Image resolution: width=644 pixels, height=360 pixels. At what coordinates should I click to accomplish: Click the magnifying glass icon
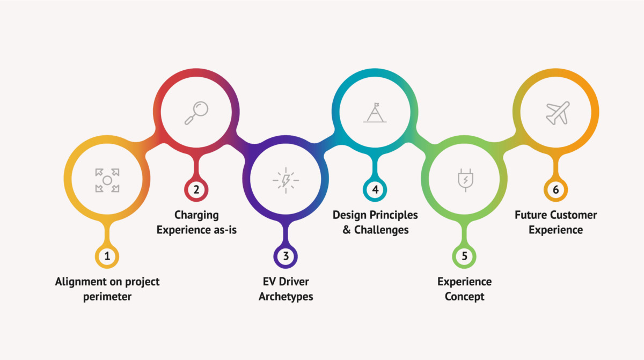[x=196, y=113]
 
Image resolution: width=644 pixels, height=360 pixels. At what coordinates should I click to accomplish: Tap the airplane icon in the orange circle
[x=558, y=113]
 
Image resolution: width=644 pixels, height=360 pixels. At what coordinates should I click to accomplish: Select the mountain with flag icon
[x=375, y=113]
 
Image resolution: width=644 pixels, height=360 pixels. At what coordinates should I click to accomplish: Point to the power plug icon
[x=465, y=180]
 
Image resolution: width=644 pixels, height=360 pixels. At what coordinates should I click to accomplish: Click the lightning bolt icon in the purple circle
[x=286, y=180]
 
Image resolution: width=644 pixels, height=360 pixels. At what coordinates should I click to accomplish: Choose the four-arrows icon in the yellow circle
[x=107, y=180]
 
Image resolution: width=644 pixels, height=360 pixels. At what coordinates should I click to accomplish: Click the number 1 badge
[x=107, y=256]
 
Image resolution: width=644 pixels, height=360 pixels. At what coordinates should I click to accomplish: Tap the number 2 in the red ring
[x=196, y=189]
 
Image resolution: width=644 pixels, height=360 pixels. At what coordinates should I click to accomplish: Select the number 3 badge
[x=286, y=256]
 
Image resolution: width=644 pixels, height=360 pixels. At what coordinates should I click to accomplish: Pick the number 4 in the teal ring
[x=375, y=189]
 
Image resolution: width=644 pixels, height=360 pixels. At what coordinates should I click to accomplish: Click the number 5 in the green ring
[x=465, y=256]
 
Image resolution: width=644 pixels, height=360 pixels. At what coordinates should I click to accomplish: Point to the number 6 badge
[x=556, y=189]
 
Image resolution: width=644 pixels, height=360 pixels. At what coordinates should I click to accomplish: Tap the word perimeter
[x=107, y=297]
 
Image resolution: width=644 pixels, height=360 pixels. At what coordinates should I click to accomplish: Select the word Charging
[x=196, y=216]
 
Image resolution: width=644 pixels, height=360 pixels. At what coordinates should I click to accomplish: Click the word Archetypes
[x=286, y=297]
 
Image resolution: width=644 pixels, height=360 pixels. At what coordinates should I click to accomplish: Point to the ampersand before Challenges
[x=347, y=230]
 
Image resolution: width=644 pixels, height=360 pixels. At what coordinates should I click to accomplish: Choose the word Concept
[x=465, y=297]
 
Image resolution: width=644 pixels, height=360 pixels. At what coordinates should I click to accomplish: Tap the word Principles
[x=393, y=216]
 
